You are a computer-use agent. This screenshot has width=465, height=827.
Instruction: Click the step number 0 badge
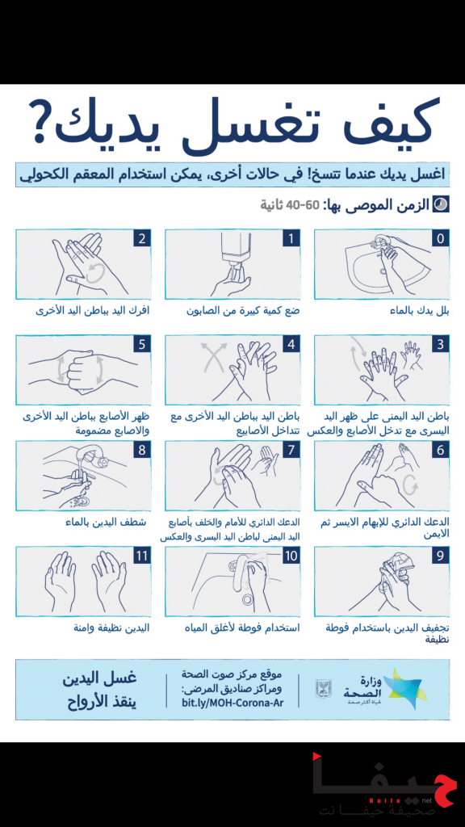pos(440,238)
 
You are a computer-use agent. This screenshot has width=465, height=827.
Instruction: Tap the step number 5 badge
pos(141,344)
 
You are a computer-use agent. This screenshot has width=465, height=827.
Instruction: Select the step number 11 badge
pos(141,556)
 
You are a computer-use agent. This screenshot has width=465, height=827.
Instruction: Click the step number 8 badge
pos(141,450)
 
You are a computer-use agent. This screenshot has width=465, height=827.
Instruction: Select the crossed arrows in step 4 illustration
pos(213,358)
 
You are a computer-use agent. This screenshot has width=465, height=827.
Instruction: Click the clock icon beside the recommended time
pos(441,204)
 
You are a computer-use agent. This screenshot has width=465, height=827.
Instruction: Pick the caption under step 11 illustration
pos(112,628)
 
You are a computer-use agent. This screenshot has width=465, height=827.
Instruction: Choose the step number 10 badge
pos(291,556)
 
